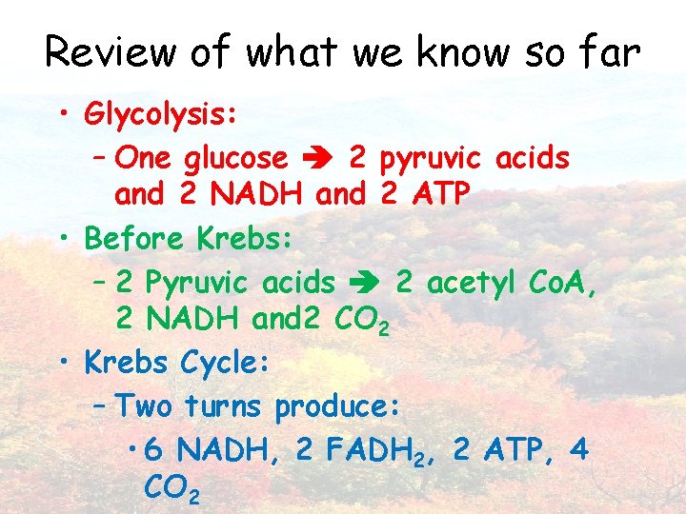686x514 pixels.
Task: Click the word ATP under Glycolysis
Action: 440,194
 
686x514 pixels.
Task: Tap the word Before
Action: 135,237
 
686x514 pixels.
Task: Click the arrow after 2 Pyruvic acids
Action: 365,283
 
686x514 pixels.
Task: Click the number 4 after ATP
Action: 577,449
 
